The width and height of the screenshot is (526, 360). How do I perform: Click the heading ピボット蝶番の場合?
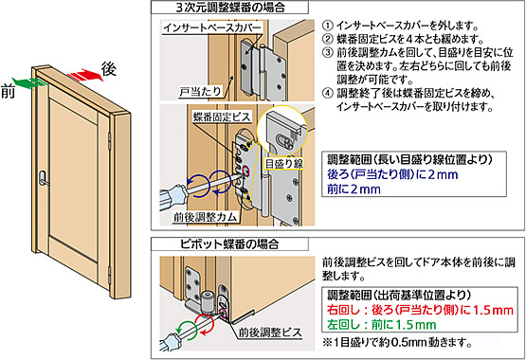tap(229, 243)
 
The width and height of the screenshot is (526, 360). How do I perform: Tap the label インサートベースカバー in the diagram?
tap(211, 27)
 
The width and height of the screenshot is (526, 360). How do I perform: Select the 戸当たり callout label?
tap(200, 92)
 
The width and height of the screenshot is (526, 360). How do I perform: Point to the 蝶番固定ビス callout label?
tap(222, 117)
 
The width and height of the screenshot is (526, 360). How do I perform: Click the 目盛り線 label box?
tap(284, 164)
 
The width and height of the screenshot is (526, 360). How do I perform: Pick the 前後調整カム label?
tap(205, 217)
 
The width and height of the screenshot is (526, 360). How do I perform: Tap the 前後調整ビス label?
tap(270, 333)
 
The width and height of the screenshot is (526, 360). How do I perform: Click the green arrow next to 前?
tap(30, 82)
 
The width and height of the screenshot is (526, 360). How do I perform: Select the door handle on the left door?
tap(43, 178)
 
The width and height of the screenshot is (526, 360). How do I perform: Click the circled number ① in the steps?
tap(328, 26)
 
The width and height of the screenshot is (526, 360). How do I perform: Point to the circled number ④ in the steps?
tap(328, 93)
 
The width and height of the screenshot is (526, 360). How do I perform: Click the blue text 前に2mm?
tap(354, 189)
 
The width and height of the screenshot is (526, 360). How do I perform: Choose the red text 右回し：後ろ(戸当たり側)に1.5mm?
tap(420, 310)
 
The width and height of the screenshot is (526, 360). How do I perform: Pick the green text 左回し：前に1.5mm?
tap(381, 324)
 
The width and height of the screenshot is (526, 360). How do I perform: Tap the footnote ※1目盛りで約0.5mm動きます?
tap(397, 343)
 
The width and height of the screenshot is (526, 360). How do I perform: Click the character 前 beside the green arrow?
tap(8, 91)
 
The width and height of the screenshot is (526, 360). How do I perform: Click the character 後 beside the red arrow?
tap(109, 69)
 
